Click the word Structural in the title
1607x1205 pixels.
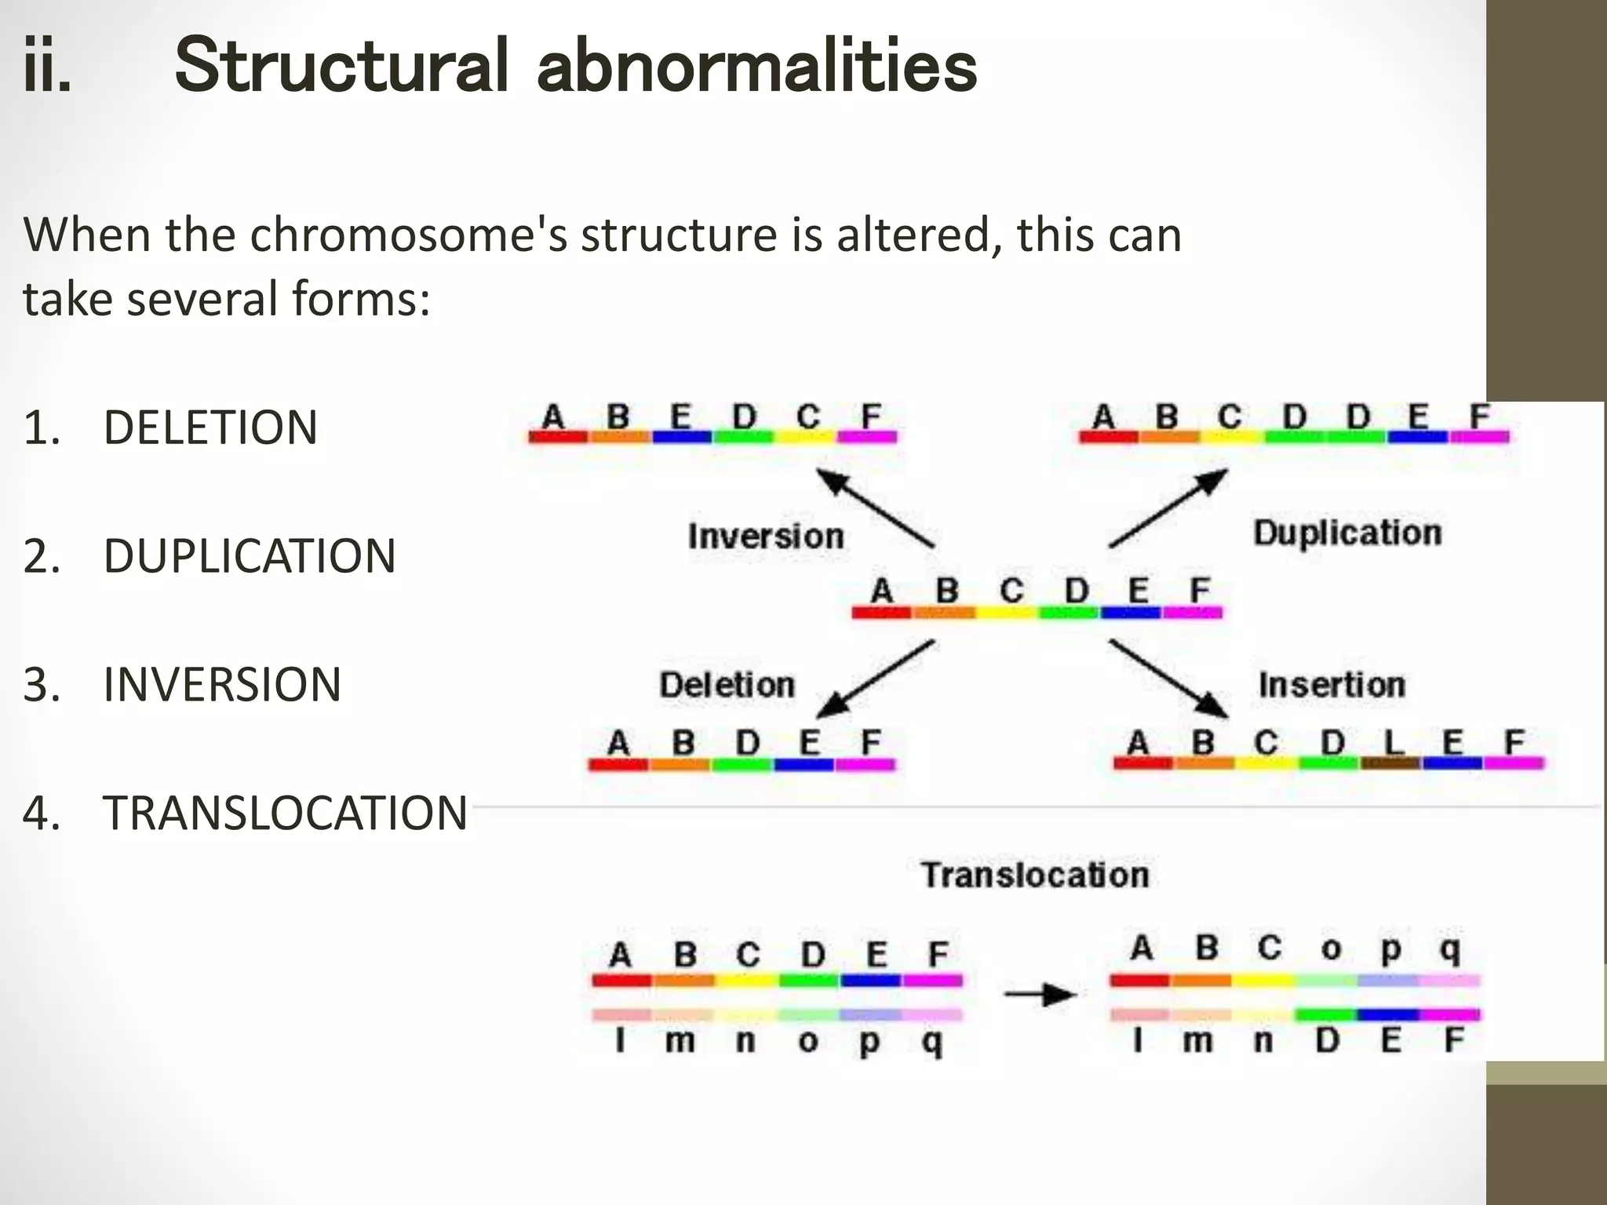(341, 66)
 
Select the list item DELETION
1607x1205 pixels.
(210, 428)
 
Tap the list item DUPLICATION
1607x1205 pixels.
(249, 556)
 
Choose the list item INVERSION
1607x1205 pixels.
(222, 684)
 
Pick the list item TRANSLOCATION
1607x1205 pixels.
(285, 813)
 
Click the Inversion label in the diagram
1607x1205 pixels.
(766, 537)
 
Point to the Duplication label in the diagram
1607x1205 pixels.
(1347, 533)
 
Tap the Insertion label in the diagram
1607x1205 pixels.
(1332, 685)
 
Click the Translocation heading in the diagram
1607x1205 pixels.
(1035, 875)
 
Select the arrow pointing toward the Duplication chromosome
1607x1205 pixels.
(1169, 508)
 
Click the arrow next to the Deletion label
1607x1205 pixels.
(875, 679)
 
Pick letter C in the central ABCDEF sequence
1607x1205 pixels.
(1011, 590)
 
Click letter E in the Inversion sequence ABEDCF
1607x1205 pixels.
(680, 416)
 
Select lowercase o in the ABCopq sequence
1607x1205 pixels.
(1331, 948)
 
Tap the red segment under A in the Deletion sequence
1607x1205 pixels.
(618, 764)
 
